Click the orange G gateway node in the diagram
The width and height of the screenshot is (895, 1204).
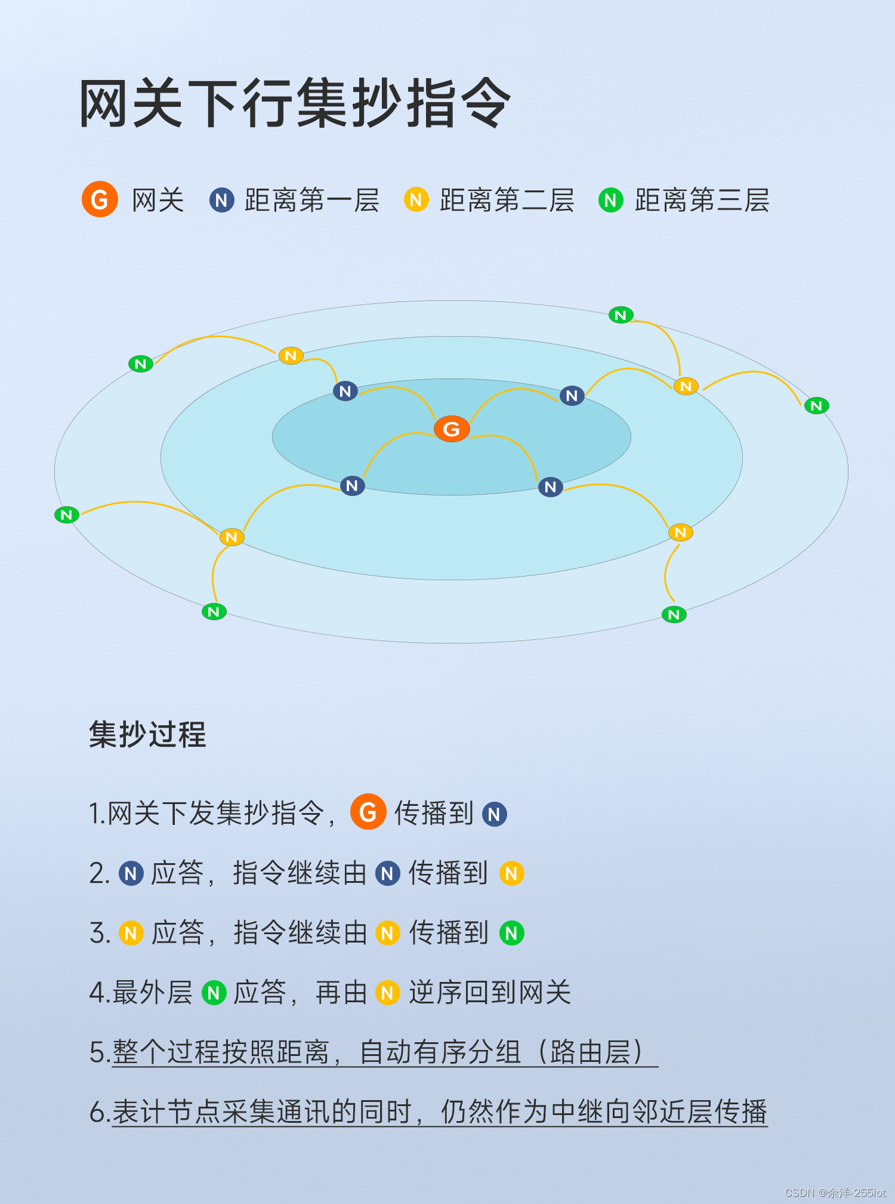pos(452,429)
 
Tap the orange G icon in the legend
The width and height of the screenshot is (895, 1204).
pos(100,199)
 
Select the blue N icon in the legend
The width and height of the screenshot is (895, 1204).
pos(221,201)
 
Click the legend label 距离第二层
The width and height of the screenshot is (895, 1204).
pos(507,201)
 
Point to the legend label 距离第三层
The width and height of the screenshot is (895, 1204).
pos(702,201)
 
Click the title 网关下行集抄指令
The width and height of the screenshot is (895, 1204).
pos(295,104)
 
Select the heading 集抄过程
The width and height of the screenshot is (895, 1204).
pos(147,734)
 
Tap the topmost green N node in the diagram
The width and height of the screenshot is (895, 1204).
pos(621,315)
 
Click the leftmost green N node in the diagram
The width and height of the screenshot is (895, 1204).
pos(67,515)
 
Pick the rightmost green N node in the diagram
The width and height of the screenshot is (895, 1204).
pos(816,406)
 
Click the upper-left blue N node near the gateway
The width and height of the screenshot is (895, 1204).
pos(345,392)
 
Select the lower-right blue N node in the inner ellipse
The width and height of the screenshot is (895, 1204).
pos(550,487)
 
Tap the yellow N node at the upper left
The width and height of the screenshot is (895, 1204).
pos(291,356)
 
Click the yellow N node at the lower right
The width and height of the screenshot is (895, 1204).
pos(680,532)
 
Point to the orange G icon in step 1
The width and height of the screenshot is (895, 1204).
pos(368,812)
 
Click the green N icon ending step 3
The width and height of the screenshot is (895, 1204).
pos(511,933)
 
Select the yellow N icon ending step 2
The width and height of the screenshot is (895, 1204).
pos(511,874)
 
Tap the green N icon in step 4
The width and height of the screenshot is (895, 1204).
pos(214,993)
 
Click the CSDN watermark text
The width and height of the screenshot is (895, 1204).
pos(835,1193)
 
